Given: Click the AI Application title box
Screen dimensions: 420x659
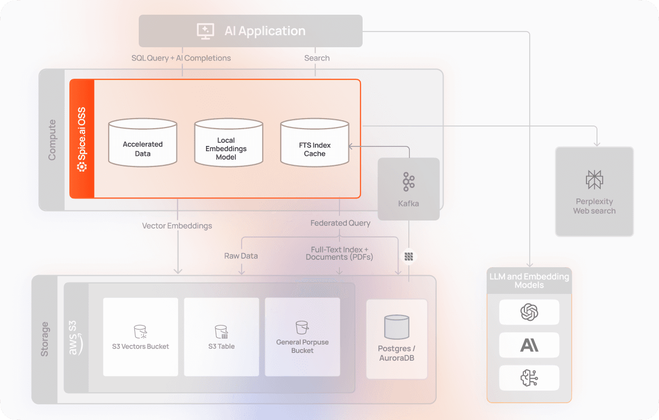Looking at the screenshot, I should (250, 31).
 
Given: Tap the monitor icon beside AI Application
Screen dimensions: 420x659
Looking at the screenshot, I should (205, 31).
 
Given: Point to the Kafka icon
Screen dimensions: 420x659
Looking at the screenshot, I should (408, 181).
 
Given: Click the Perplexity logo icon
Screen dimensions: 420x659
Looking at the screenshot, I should (594, 180).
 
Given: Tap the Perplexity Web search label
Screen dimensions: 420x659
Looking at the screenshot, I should (594, 206).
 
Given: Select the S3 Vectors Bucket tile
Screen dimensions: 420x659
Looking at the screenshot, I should (140, 337).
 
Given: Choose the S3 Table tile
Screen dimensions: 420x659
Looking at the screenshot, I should (221, 337).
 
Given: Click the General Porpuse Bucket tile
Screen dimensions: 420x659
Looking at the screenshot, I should (302, 337).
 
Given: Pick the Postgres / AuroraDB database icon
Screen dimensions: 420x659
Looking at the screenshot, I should (397, 327).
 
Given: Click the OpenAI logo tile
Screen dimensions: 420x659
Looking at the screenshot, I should (529, 312).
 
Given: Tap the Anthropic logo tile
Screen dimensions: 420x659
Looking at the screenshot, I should (529, 345).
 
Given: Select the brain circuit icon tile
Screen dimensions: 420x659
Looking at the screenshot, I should (529, 377).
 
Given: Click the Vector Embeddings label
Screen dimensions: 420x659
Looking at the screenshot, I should (177, 226).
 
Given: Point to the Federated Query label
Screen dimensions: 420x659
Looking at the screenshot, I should (340, 223).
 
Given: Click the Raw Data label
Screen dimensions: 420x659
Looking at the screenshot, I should (241, 256).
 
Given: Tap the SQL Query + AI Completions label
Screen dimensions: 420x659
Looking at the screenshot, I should (181, 58).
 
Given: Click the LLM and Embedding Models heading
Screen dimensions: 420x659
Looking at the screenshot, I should (529, 281).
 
